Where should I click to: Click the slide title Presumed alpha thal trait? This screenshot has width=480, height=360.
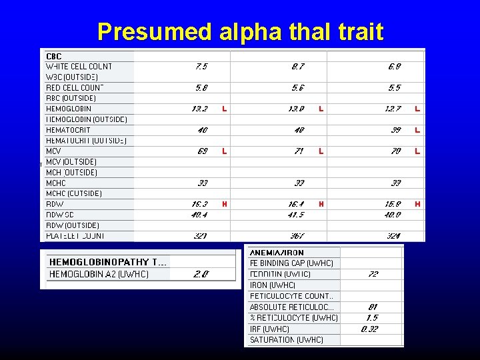point(240,31)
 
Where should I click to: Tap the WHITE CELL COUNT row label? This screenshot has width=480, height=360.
point(79,66)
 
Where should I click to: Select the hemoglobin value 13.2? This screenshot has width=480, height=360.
point(201,109)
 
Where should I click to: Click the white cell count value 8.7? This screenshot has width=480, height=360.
point(297,66)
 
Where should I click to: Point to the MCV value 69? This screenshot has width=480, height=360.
point(202,151)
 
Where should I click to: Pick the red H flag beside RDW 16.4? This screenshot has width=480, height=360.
point(321,204)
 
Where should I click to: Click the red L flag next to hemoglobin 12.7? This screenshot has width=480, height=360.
point(417,109)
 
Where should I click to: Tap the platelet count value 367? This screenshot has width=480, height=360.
point(297,236)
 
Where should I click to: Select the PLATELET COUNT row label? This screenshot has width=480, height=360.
point(75,236)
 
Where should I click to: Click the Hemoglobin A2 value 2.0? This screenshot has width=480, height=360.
point(201,274)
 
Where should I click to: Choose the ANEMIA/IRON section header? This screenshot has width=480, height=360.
point(277,253)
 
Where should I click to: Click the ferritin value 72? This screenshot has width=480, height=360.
point(373,274)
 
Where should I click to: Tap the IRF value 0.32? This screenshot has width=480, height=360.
point(370,329)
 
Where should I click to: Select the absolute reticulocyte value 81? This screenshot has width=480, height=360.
point(373,307)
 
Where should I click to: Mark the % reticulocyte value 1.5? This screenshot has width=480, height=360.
point(372,317)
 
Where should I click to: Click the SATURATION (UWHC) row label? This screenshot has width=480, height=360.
point(287,340)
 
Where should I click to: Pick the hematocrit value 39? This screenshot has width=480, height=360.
point(395,130)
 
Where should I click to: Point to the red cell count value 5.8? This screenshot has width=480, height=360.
point(201,87)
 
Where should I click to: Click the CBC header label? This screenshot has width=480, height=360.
point(53,56)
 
